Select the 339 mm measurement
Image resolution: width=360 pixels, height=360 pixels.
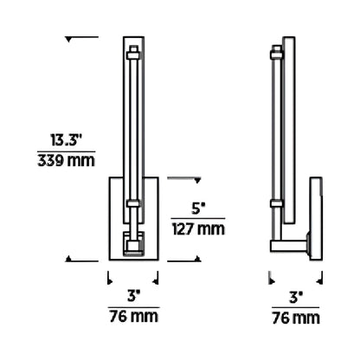click(x=67, y=161)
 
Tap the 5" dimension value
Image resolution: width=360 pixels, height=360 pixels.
click(x=197, y=208)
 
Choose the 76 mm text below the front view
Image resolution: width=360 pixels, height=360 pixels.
click(x=133, y=318)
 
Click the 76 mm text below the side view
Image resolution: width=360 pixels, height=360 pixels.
click(x=296, y=318)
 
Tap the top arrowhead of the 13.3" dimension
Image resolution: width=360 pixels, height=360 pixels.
click(x=70, y=38)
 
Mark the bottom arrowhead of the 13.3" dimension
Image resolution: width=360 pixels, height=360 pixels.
click(x=70, y=258)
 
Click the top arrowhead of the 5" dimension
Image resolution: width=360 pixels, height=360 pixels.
click(x=197, y=180)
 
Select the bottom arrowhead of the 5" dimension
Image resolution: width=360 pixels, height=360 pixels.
click(x=197, y=258)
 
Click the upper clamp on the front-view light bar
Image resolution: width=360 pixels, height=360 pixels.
click(x=133, y=55)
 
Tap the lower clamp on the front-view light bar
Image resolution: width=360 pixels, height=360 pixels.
click(x=133, y=205)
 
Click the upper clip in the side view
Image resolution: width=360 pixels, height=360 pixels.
click(x=278, y=55)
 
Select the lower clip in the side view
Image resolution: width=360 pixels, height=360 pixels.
click(x=278, y=204)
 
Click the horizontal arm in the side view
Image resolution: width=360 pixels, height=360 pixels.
click(x=291, y=246)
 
